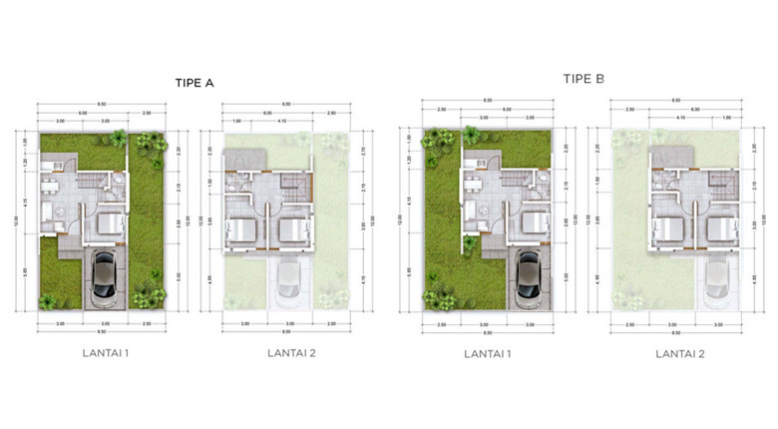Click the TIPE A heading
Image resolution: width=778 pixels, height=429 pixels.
pyautogui.click(x=195, y=83)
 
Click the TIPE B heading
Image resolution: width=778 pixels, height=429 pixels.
pyautogui.click(x=583, y=79)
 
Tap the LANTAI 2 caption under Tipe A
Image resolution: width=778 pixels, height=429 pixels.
pyautogui.click(x=291, y=352)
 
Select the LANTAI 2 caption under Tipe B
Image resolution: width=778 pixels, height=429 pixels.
pyautogui.click(x=681, y=353)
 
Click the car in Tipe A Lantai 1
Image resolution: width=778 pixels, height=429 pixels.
pyautogui.click(x=104, y=279)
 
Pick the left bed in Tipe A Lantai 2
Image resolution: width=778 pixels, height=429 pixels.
pyautogui.click(x=244, y=230)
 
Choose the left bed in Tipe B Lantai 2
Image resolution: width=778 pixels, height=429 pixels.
pyautogui.click(x=667, y=230)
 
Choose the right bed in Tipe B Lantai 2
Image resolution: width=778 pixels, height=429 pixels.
pyautogui.click(x=718, y=230)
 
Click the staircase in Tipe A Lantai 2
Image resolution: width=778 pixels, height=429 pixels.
pyautogui.click(x=294, y=185)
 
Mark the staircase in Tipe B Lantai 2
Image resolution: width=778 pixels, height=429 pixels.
pyautogui.click(x=719, y=183)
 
